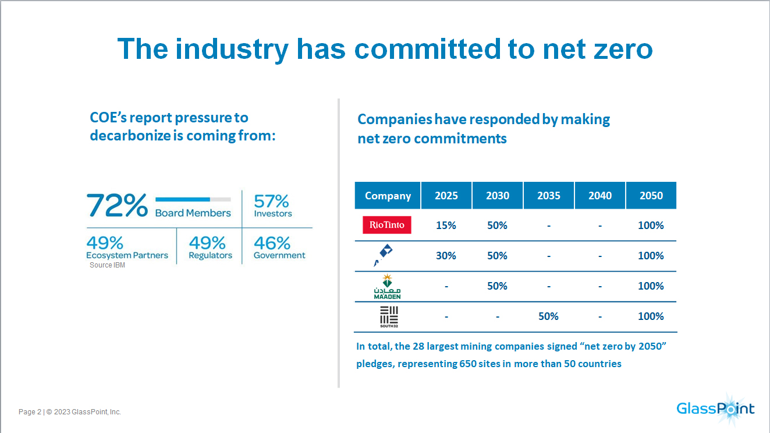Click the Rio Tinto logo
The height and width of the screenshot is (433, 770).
point(386,225)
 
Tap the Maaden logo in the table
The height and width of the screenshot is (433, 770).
point(387,286)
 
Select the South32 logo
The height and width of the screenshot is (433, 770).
point(388,316)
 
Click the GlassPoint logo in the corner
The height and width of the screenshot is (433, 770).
point(715,407)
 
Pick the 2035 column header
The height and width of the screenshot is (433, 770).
point(548,195)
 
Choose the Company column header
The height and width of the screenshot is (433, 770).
point(388,195)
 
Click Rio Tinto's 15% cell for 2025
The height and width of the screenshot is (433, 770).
point(446,226)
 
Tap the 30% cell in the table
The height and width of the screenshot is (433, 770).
point(446,256)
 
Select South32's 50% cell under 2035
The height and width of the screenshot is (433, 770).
point(548,316)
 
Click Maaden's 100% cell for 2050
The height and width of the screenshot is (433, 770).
point(651,286)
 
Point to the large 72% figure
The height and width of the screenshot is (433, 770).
point(117,205)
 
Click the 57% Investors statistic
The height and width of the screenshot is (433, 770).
point(272,206)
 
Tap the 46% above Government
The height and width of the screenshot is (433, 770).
point(271,242)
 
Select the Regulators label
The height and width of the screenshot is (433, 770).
point(210,255)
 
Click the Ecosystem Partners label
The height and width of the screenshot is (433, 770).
point(127,255)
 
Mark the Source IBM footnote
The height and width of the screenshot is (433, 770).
point(107,265)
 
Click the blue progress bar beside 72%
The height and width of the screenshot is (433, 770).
point(183,199)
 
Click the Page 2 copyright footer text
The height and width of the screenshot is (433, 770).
point(70,412)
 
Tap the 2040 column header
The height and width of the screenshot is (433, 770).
point(599,195)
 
